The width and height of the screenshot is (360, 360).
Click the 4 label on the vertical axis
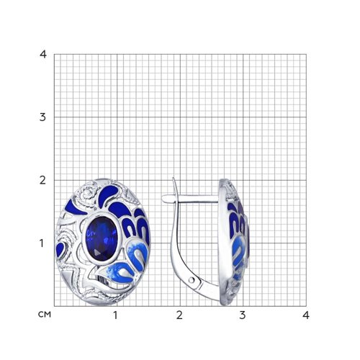43,54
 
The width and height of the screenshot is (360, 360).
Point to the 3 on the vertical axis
42,117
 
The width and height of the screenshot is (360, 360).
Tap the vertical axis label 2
42,180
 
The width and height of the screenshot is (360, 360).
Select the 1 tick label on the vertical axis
42,243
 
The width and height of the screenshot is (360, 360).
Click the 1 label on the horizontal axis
116,315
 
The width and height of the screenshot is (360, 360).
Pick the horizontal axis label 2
179,315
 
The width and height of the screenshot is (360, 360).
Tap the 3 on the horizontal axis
243,315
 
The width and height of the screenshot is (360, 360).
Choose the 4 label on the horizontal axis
306,315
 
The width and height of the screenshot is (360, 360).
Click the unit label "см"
45,315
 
